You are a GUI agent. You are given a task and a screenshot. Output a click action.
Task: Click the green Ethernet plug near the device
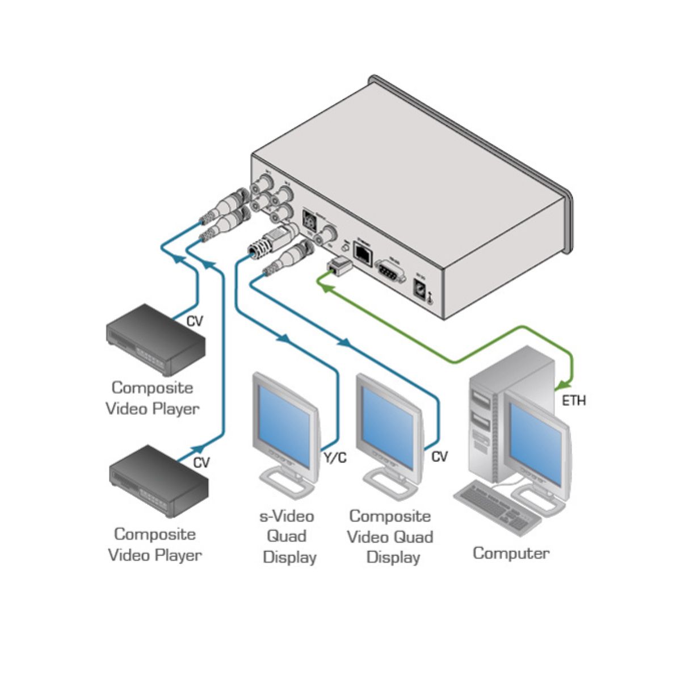pos(339,264)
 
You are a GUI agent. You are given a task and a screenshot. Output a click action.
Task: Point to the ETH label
pos(573,401)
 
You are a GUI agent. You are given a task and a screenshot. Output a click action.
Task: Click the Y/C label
pos(334,457)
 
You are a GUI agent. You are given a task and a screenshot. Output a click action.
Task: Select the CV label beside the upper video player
pos(195,322)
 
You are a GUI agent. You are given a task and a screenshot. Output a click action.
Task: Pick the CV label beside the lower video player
pos(201,463)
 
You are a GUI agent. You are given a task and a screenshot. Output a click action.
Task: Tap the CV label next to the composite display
pos(439,456)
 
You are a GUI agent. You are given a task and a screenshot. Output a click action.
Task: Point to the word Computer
pos(511,553)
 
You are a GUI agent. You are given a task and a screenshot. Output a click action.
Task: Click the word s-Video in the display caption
pos(287,516)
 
